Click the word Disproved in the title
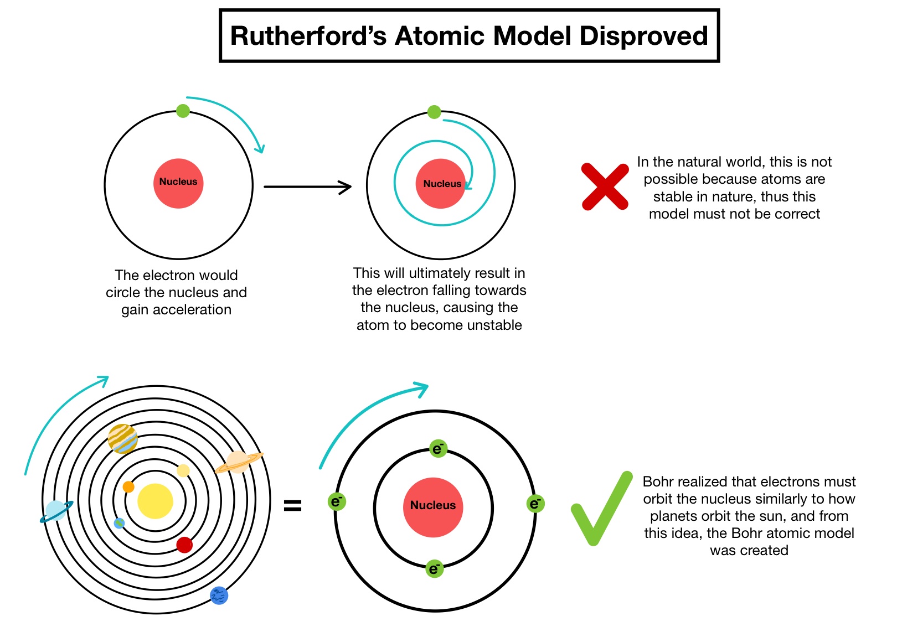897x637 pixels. (643, 36)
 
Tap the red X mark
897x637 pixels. (605, 187)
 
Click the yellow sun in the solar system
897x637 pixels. (155, 501)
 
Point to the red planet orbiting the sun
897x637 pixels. (184, 545)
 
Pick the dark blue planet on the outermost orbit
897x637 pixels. (219, 595)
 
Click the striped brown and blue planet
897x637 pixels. (122, 438)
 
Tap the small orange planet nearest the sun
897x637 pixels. (128, 487)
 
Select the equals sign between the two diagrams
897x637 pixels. (292, 505)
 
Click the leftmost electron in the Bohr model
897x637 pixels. (337, 502)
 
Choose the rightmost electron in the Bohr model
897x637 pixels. (535, 504)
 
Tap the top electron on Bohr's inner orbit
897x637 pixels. (438, 448)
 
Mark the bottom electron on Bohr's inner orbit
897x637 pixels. (435, 568)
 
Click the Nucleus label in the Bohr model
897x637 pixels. (433, 505)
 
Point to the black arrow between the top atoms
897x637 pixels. (307, 187)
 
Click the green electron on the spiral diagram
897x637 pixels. (434, 112)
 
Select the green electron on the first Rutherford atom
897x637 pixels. (183, 111)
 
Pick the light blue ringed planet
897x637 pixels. (56, 510)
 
